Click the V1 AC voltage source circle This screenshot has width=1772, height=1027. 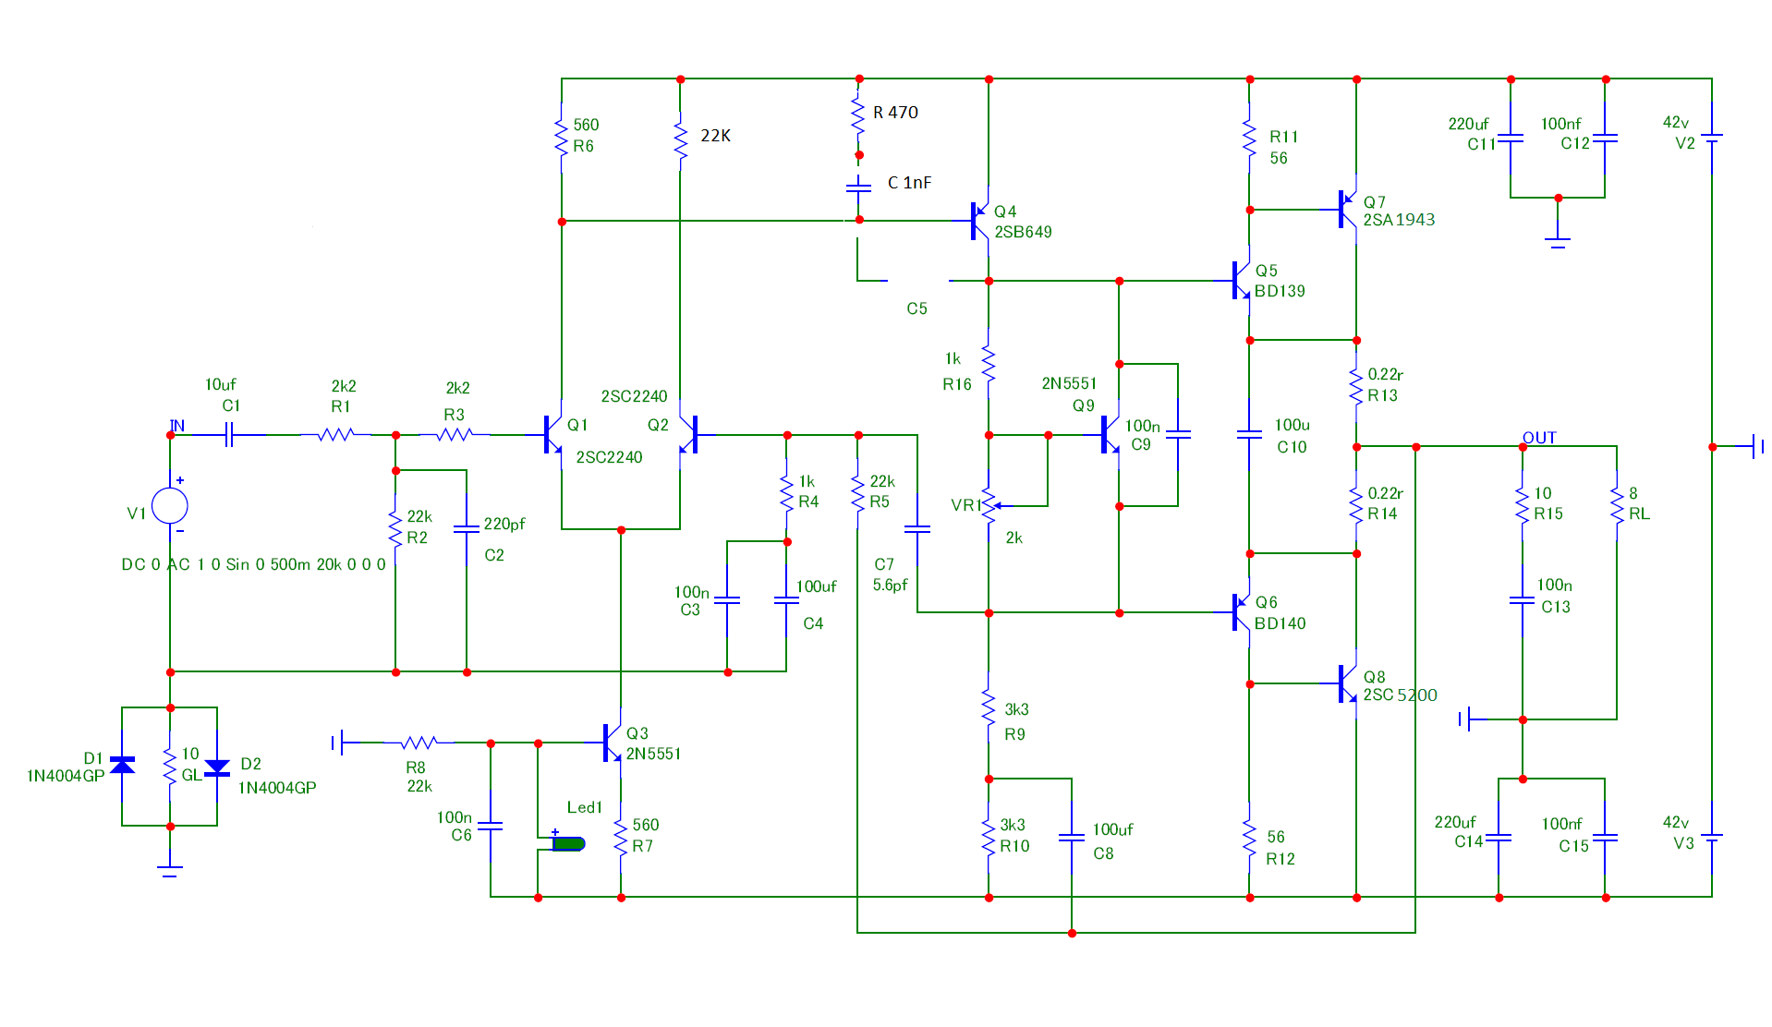[170, 506]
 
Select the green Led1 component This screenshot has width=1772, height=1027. [568, 843]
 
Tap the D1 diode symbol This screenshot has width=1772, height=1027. [122, 765]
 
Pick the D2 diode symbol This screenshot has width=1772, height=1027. [217, 767]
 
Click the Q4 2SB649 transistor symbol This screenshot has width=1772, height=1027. [979, 221]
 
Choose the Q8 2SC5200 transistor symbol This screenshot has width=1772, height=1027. [1347, 683]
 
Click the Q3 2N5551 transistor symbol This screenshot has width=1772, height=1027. [612, 743]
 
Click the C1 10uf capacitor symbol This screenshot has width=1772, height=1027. [229, 434]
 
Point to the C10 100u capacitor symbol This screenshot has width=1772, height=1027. [1249, 434]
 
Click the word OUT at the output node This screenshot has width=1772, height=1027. [1539, 437]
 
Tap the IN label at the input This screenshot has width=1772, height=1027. [177, 426]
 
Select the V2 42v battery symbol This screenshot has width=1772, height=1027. [1712, 137]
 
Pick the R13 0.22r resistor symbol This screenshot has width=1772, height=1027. [1356, 385]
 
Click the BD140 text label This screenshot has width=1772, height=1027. [1280, 623]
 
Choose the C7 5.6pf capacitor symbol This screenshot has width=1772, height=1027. [917, 529]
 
